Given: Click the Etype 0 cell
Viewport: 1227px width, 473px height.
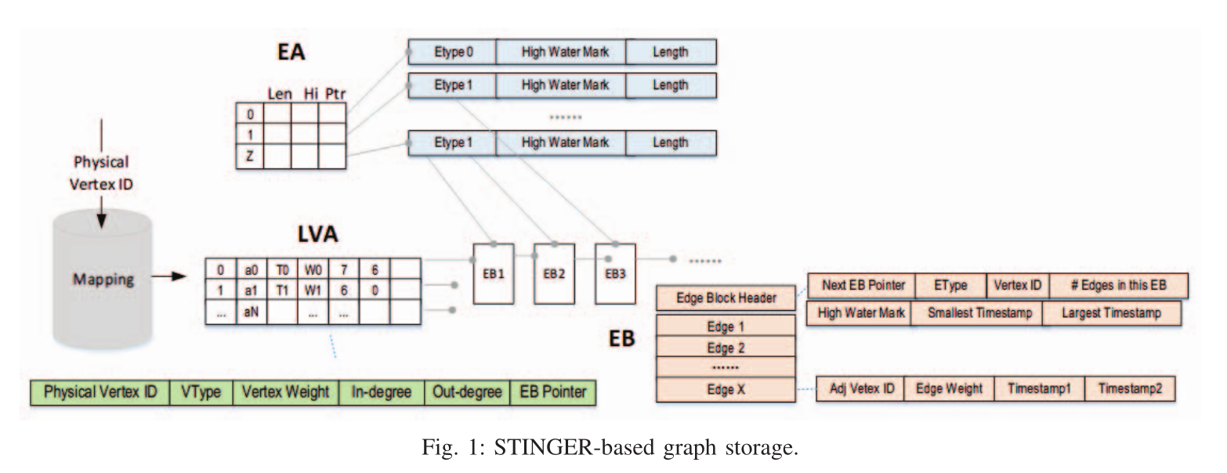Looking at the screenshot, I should click(453, 52).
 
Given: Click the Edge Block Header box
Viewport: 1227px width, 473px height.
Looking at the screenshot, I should click(726, 298).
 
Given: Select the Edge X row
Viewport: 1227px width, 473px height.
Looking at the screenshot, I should click(726, 389).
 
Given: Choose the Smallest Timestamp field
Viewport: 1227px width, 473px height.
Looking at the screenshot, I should click(975, 313).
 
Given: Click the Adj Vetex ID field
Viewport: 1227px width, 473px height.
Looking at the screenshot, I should click(860, 389).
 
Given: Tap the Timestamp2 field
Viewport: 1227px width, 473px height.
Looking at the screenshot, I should click(1129, 389).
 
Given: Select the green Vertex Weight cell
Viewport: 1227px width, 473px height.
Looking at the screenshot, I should click(286, 392).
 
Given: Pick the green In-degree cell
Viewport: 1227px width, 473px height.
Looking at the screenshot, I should click(381, 392).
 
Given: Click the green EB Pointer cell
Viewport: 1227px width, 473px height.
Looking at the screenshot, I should click(552, 392).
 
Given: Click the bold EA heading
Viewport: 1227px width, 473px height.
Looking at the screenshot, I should click(291, 53).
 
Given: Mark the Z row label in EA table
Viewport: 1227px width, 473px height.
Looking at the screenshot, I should click(250, 155).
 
